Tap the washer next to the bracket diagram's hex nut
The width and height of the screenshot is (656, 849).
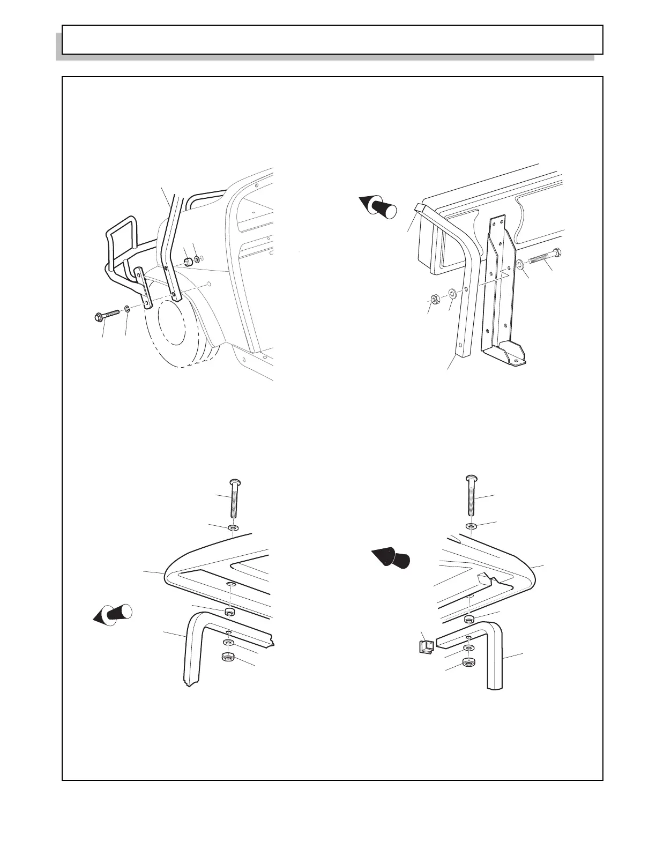point(452,293)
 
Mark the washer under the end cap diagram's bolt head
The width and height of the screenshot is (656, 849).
point(470,526)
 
